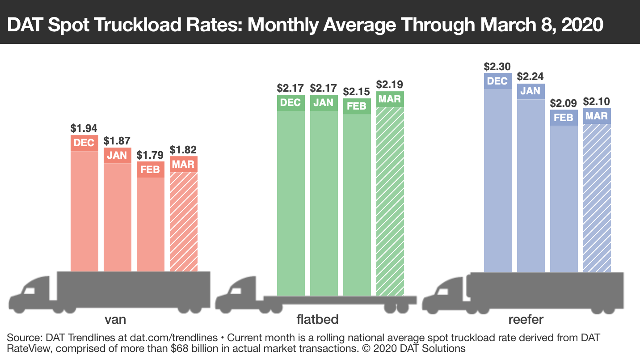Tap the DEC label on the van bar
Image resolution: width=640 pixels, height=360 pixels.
point(84,143)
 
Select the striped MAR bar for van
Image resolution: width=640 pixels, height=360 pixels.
point(184,221)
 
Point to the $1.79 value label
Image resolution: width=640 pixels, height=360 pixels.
point(150,155)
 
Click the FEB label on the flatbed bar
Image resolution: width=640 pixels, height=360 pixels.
point(357,106)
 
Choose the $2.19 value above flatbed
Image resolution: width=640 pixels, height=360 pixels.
point(390,84)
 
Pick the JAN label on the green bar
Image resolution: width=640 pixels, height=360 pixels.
point(324,102)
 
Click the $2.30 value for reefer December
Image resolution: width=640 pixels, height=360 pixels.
point(497,67)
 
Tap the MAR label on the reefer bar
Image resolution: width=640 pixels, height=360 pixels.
point(597,116)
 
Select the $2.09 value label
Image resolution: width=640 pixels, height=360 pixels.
point(564,103)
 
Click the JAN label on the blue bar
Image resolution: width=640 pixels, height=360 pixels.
point(531,91)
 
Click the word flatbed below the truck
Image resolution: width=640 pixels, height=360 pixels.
point(317,319)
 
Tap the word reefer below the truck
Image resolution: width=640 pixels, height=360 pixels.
point(526,319)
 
